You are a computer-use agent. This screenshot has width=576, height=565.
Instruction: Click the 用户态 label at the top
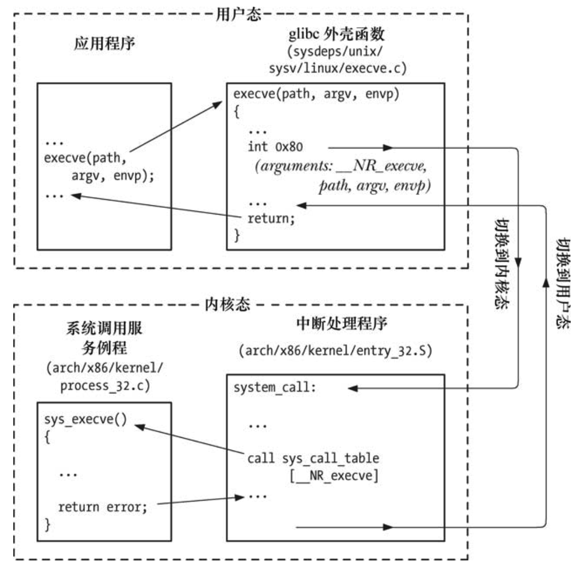pos(238,15)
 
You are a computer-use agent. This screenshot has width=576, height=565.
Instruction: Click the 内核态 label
pos(227,305)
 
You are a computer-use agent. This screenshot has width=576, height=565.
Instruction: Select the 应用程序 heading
pos(104,43)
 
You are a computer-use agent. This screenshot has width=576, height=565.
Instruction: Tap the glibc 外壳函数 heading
pos(337,34)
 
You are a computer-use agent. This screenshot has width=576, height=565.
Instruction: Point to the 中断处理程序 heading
pos(342,323)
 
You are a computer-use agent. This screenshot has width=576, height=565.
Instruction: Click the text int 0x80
pos(275,147)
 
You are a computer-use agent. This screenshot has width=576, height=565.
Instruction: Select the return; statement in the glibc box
pos(271,219)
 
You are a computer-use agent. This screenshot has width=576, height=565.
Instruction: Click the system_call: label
pos(275,388)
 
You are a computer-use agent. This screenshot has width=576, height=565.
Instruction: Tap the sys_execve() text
pos(85,419)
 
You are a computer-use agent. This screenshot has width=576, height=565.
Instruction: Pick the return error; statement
pos(102,507)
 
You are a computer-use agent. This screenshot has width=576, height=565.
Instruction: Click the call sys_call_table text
pos(313,458)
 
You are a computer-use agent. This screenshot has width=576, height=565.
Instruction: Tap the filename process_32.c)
pos(105,386)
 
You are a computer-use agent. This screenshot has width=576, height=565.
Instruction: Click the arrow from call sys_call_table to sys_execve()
pos(189,440)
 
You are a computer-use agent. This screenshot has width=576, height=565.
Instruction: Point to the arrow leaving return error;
pos(197,501)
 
